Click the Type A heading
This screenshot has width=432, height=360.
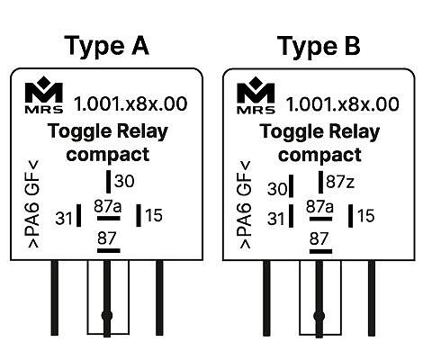(x=106, y=46)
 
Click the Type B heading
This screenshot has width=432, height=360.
(x=319, y=46)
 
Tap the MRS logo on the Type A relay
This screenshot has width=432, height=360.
(x=44, y=94)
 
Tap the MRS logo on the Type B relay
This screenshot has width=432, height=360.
(x=256, y=95)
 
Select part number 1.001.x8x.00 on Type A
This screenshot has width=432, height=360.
(x=130, y=103)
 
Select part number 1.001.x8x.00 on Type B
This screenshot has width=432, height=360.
(x=343, y=104)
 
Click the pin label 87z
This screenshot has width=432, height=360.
(x=340, y=182)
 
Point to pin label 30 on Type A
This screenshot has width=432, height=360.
(x=124, y=181)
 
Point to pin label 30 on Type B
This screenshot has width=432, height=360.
(x=277, y=189)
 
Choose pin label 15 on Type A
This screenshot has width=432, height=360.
(x=154, y=215)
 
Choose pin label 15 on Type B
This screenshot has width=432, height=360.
(x=366, y=216)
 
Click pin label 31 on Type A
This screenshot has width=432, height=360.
(x=64, y=219)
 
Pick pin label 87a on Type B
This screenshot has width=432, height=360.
(x=319, y=207)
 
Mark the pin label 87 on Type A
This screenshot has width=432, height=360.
(x=107, y=238)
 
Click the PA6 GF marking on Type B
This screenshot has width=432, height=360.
(x=245, y=205)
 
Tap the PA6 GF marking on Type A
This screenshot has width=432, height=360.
(x=33, y=204)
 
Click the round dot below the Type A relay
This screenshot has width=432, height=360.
(x=107, y=315)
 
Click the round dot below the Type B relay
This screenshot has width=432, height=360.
(x=319, y=316)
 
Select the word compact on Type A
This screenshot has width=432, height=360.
(x=108, y=155)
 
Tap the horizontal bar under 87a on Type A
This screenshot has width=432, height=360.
(x=109, y=218)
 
